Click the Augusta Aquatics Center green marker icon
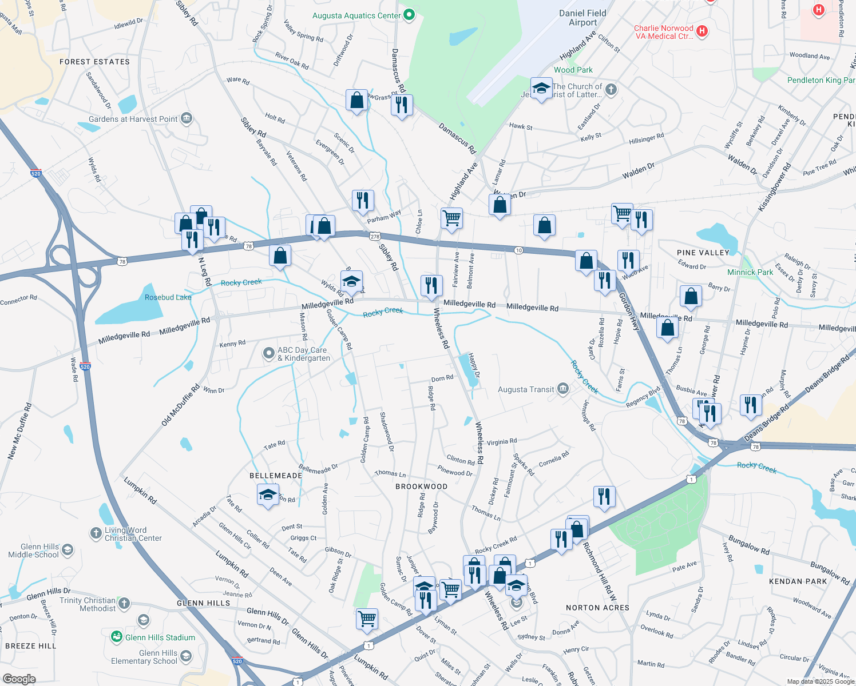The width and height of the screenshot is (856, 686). (409, 15)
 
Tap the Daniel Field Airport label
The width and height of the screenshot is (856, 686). (582, 18)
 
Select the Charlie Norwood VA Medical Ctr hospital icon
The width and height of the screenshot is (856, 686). (703, 31)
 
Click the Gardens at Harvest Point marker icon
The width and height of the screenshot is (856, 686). (187, 119)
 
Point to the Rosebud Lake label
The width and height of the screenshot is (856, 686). (168, 297)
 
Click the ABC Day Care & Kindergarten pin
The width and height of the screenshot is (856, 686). (268, 354)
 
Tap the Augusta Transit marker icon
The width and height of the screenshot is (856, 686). (563, 389)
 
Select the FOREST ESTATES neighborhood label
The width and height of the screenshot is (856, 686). (94, 62)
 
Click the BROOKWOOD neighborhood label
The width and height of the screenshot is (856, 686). (421, 486)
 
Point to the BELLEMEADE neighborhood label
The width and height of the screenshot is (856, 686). (276, 476)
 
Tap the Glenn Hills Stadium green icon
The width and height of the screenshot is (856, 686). (117, 637)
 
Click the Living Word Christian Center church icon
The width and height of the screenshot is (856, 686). (96, 533)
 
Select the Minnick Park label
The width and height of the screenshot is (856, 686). (750, 272)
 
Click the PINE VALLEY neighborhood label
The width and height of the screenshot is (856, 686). (703, 253)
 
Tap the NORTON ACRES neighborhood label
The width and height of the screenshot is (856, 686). (597, 608)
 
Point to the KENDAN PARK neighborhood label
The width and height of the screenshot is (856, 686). (798, 581)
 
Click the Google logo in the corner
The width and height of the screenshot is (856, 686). (19, 679)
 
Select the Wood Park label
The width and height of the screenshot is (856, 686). (573, 70)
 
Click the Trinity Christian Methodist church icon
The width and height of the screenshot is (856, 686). (124, 603)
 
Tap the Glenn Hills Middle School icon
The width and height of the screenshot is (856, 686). (68, 550)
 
